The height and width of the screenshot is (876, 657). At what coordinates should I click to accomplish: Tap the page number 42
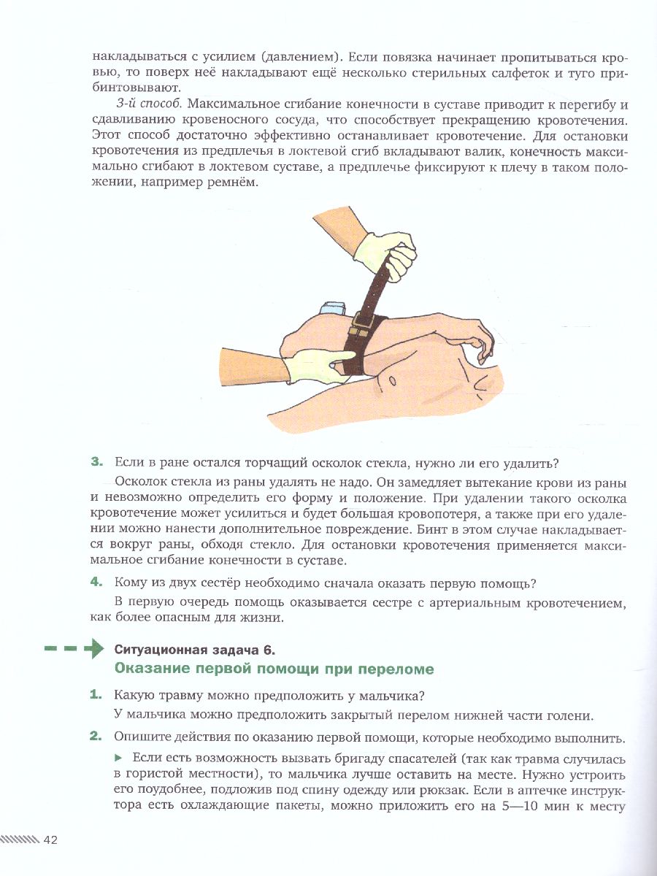pyautogui.click(x=50, y=839)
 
